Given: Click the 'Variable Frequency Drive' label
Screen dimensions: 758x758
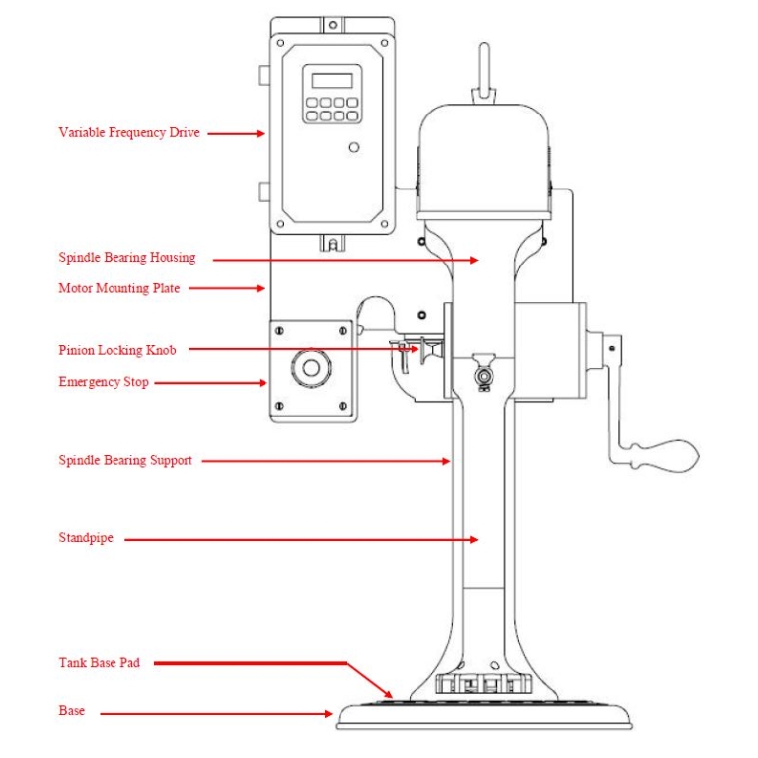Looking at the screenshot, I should pyautogui.click(x=128, y=132).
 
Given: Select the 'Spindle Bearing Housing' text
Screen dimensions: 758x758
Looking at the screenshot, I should pyautogui.click(x=126, y=258).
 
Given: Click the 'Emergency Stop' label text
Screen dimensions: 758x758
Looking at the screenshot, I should pyautogui.click(x=104, y=382).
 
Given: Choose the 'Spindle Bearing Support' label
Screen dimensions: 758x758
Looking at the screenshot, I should pyautogui.click(x=125, y=460).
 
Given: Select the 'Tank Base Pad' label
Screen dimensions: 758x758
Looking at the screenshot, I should pyautogui.click(x=99, y=663).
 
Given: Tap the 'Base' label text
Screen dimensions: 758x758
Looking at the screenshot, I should pyautogui.click(x=71, y=711).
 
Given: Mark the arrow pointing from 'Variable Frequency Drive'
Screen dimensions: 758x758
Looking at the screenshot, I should pyautogui.click(x=237, y=132).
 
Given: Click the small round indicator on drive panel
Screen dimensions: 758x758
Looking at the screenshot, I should pyautogui.click(x=354, y=148).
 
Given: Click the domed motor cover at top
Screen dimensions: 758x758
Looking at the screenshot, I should pyautogui.click(x=484, y=158).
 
